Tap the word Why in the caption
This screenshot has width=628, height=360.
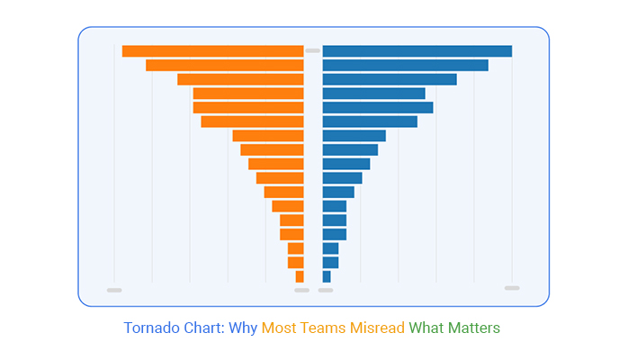tap(243, 328)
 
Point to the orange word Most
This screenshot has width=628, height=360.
tap(280, 328)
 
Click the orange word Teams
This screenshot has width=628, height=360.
tap(324, 328)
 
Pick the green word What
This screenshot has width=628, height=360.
tap(428, 328)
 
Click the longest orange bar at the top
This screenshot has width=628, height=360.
tap(212, 51)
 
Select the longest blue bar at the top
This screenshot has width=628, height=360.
tap(417, 51)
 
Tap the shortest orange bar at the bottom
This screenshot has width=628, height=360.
tap(300, 276)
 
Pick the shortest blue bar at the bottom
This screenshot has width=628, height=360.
tap(327, 276)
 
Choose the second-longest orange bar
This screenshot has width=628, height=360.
tap(224, 65)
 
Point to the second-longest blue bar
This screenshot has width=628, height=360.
tap(405, 65)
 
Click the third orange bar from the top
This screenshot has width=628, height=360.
tap(240, 79)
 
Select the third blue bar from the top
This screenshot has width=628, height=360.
tap(389, 79)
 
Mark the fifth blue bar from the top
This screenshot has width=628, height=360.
tap(377, 107)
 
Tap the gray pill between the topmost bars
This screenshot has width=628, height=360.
tap(312, 50)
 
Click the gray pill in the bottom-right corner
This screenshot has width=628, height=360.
tap(512, 288)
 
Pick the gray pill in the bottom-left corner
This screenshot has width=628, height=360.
tap(114, 290)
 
